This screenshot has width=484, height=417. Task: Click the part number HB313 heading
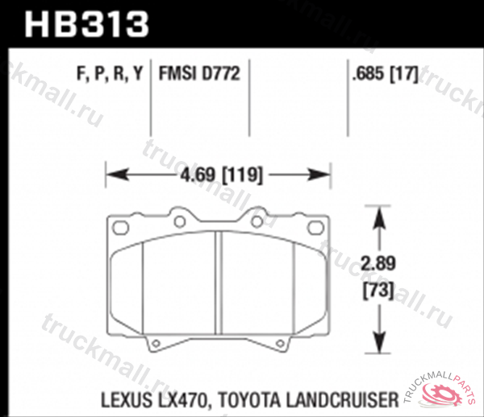(88, 23)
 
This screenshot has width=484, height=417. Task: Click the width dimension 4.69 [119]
(219, 174)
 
